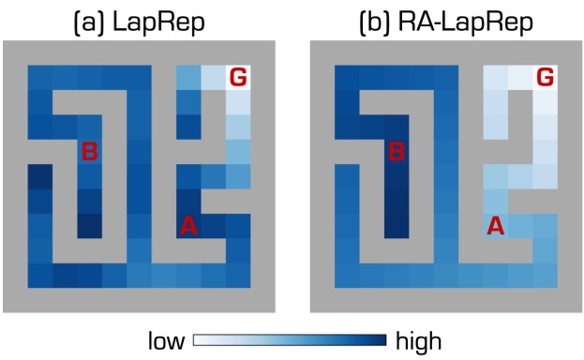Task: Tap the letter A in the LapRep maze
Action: tap(188, 225)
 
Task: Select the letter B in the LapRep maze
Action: tap(90, 151)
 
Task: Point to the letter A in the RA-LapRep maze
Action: tap(495, 225)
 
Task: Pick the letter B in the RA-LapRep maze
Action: tap(397, 151)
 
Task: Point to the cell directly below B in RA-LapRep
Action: tap(397, 175)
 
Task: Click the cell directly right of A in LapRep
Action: tap(214, 225)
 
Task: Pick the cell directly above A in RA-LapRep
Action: tap(495, 200)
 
